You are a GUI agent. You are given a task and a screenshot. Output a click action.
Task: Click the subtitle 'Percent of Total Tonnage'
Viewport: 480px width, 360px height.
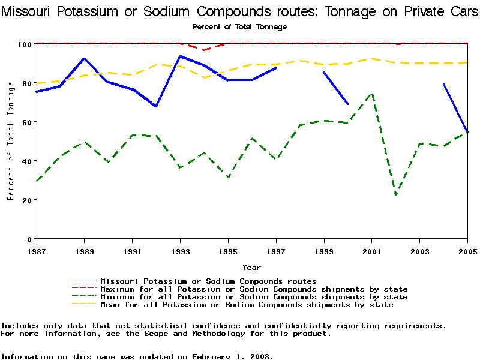tap(239, 27)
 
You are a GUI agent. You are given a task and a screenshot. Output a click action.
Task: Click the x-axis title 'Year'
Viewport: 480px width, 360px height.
tap(251, 267)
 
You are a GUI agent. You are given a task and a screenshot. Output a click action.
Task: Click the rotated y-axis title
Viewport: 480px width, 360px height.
tap(11, 141)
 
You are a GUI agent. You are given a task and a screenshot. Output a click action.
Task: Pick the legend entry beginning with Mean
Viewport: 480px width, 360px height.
tap(247, 305)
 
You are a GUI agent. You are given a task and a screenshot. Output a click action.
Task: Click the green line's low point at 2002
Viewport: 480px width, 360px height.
tap(396, 194)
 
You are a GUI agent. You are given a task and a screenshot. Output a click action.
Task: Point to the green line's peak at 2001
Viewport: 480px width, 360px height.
tap(372, 94)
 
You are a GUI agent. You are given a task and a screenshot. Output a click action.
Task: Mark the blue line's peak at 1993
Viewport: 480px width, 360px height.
tap(180, 56)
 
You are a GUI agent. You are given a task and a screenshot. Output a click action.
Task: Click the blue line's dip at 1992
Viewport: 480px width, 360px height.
tap(156, 106)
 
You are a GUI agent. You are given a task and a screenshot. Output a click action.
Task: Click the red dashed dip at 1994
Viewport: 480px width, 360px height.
tap(204, 50)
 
